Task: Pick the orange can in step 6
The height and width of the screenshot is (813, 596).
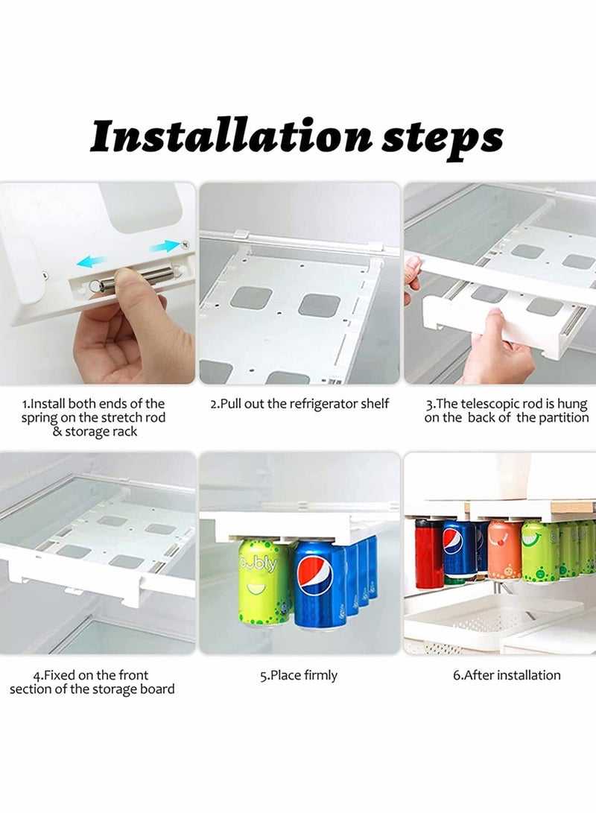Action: pos(504,551)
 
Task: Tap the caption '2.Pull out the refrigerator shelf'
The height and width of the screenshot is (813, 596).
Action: pos(299,404)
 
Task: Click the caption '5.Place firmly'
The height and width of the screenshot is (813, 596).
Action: pos(299,676)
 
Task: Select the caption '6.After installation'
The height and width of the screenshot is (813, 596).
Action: pos(507,676)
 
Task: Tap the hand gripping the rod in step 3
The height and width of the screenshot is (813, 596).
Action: pos(495,347)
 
